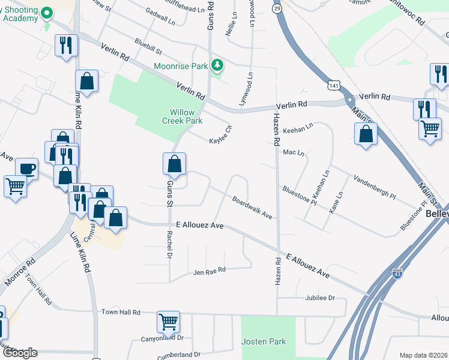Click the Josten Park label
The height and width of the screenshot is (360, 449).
click(264, 341)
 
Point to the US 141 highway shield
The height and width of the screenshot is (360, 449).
click(333, 86)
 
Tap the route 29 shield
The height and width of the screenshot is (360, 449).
click(276, 8)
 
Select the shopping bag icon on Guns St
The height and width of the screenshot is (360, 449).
click(174, 163)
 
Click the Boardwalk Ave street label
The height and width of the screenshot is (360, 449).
click(252, 208)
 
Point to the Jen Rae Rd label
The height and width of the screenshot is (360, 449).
click(209, 272)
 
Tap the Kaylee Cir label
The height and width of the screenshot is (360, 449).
click(220, 136)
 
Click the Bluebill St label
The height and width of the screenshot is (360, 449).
click(148, 44)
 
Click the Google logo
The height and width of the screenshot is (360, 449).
click(20, 353)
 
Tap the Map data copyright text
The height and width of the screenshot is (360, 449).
click(423, 355)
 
